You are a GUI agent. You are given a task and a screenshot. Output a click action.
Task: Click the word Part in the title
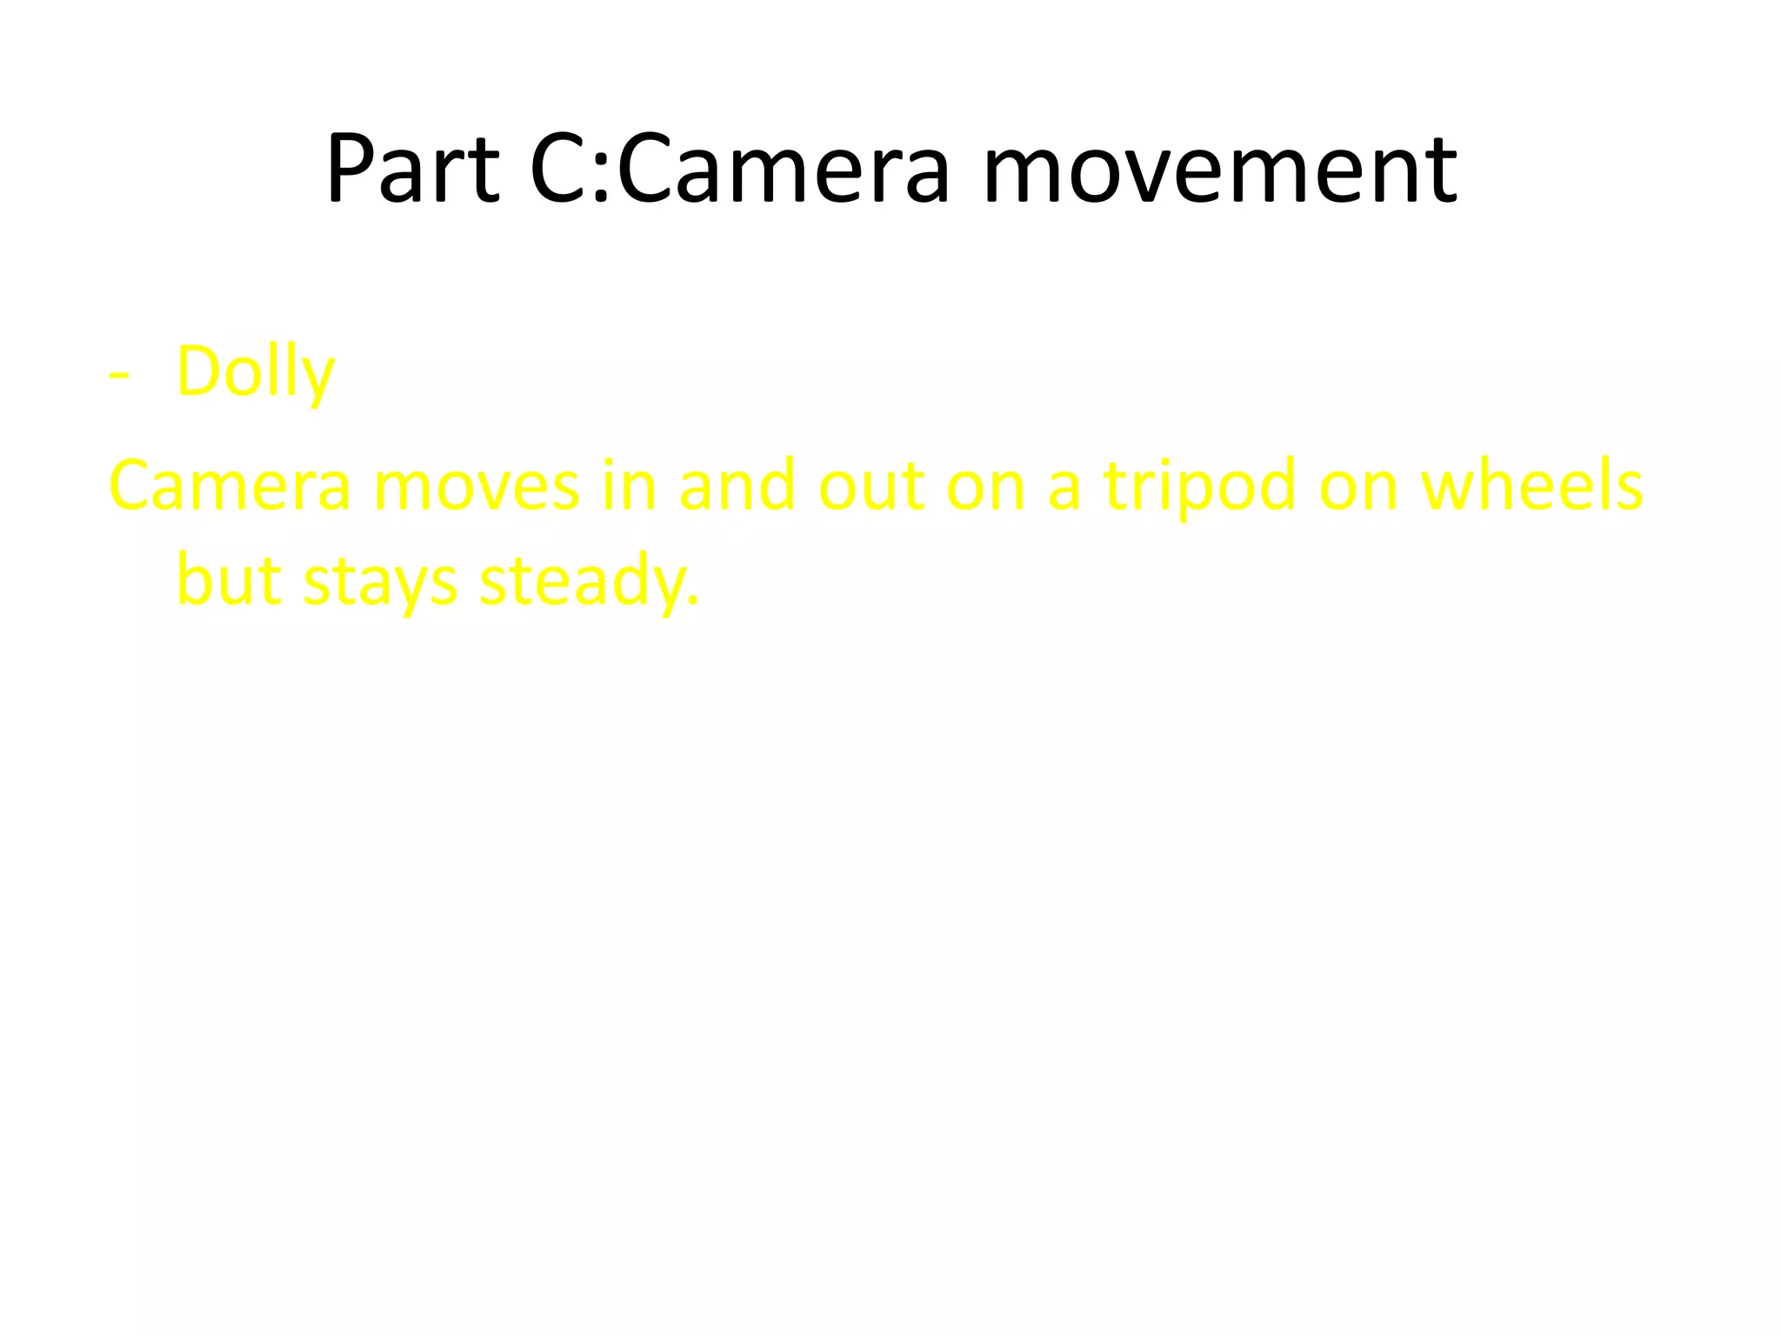(413, 170)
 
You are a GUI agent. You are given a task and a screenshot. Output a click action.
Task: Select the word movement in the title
(1219, 170)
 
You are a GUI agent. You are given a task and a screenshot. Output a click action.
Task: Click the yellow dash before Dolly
(119, 374)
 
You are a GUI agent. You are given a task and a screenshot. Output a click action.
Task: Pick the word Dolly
(255, 372)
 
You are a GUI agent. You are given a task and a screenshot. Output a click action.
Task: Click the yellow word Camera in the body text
(229, 485)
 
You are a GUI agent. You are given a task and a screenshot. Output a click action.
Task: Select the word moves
(476, 485)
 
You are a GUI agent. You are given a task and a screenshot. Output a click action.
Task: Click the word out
(871, 485)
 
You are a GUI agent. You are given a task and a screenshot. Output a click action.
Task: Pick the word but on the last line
(229, 580)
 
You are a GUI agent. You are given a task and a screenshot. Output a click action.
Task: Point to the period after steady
(693, 600)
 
